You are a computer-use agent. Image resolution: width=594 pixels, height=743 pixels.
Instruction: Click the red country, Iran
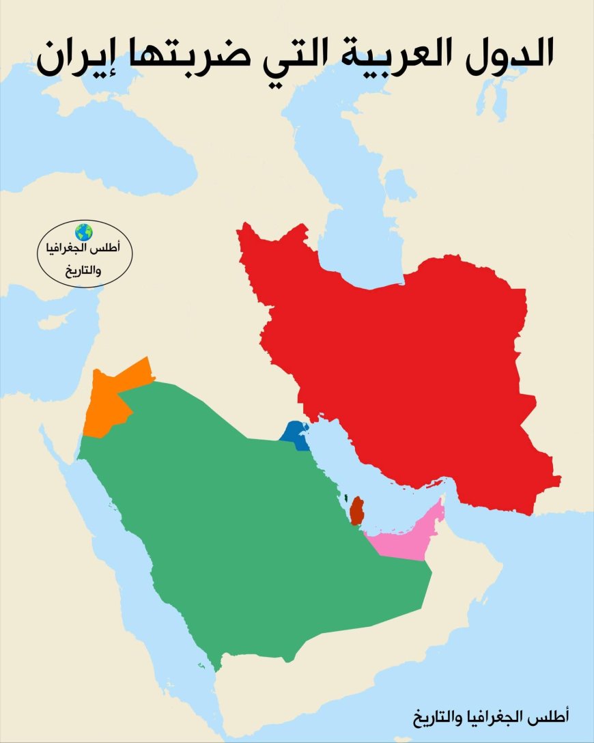tap(410, 355)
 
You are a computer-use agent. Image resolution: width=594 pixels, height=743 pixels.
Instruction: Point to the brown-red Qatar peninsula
tap(356, 510)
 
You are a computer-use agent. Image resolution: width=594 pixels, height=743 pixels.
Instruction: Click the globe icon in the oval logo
tap(84, 232)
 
